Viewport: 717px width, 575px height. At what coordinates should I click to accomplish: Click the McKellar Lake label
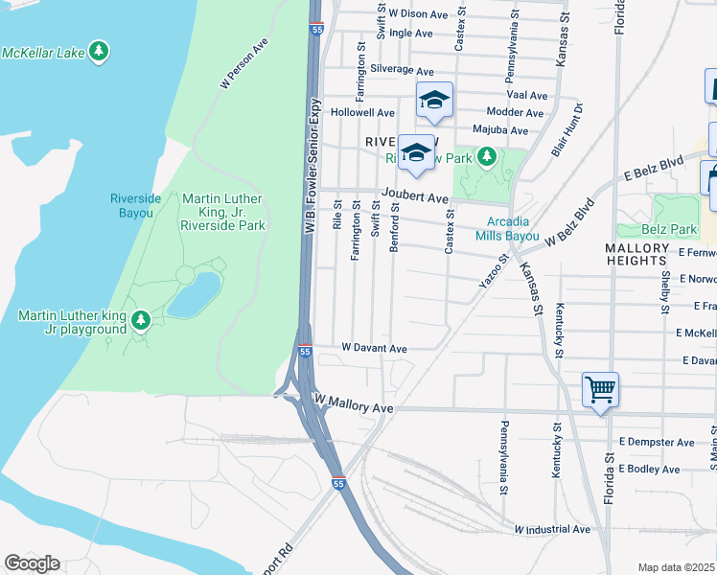coord(43,52)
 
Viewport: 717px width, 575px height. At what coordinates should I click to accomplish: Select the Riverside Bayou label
coord(131,205)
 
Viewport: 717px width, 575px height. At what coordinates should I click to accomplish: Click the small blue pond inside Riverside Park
coord(194,294)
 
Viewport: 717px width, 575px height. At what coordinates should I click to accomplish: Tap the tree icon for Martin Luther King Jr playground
coord(141,318)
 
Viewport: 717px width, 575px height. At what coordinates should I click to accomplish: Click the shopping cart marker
coord(600,390)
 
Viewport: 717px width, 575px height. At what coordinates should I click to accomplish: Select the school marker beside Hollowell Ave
coord(434,100)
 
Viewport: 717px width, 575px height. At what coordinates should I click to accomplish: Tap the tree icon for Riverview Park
coord(487,156)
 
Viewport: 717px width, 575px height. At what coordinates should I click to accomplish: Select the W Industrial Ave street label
coord(552,529)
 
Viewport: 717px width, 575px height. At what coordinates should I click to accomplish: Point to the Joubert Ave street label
coord(415,198)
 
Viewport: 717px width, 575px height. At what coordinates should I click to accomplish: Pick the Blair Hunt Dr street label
coord(567,129)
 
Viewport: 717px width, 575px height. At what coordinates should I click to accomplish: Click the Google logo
coord(32,563)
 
